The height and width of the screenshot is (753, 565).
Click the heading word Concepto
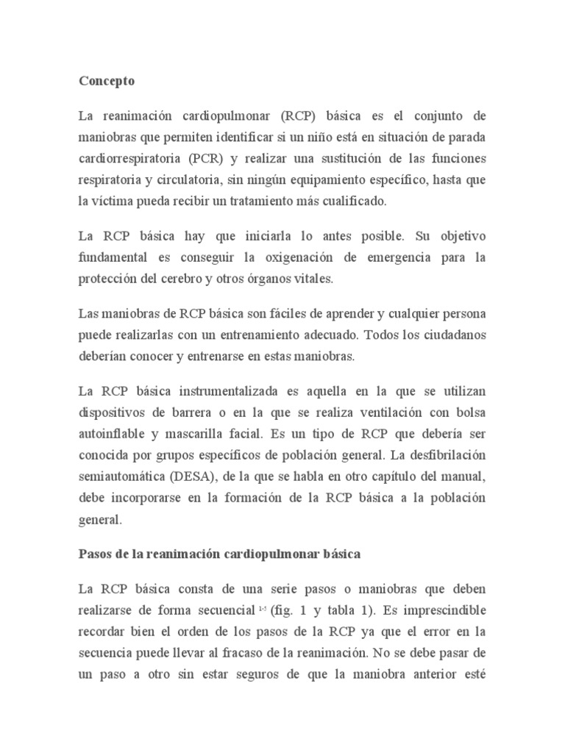click(x=107, y=82)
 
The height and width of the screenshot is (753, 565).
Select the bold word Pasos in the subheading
click(x=96, y=554)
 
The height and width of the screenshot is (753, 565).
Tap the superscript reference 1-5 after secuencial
click(x=261, y=610)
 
